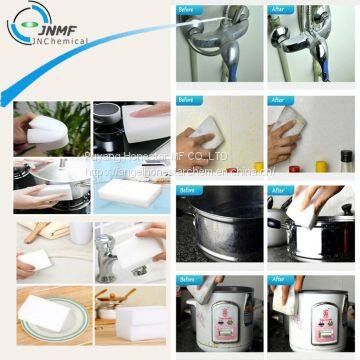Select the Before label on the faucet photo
click(x=187, y=10)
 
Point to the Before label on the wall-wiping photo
click(x=187, y=100)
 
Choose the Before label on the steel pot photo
click(x=187, y=190)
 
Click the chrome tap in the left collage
click(x=109, y=255)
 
